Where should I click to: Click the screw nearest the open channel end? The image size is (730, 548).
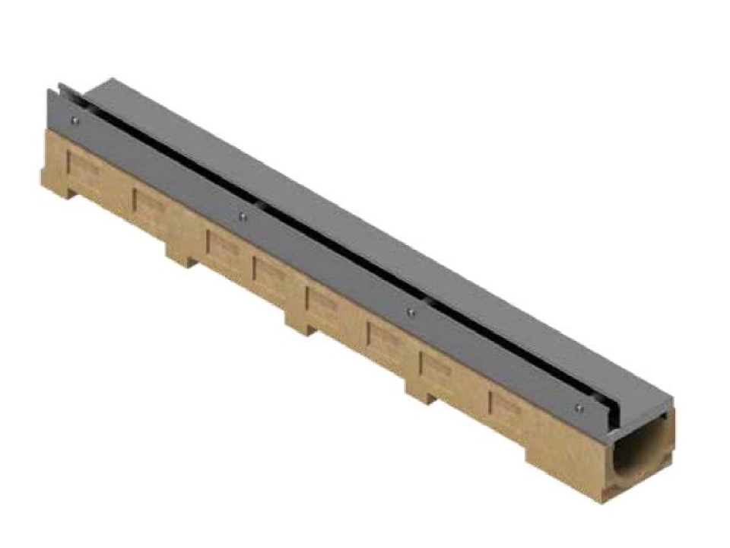coord(579,408)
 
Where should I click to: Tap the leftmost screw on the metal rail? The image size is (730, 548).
coord(73,119)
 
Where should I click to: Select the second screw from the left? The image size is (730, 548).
coord(242,216)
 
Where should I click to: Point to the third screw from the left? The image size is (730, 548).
coord(411,312)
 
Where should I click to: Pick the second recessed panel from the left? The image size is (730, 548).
coord(151,203)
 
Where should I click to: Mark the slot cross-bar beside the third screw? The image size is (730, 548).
coord(430,302)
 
